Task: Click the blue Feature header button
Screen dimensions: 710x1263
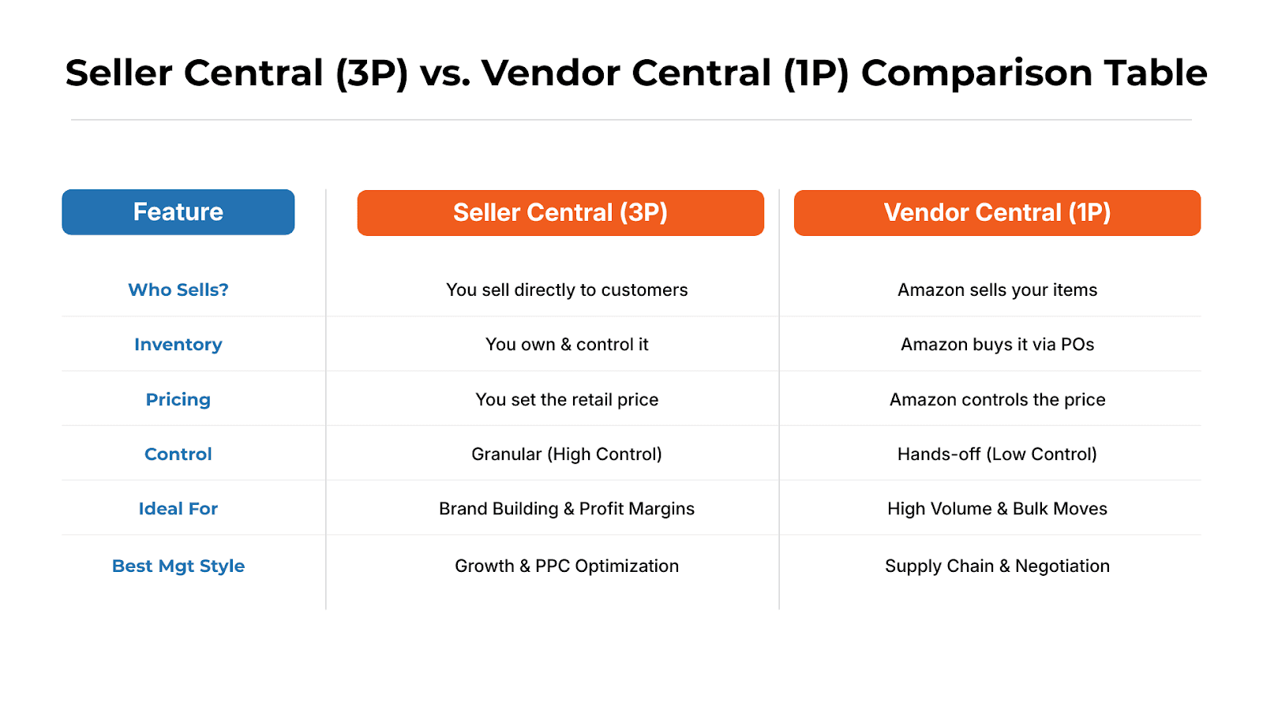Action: pos(178,212)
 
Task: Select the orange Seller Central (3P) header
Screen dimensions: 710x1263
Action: pos(560,213)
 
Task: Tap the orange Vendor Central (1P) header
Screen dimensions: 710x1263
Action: pos(997,213)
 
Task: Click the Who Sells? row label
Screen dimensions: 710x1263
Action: pos(178,290)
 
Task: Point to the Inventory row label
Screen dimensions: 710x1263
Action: pos(178,345)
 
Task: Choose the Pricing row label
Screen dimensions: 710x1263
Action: pos(178,400)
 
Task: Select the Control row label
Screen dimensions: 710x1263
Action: pos(178,454)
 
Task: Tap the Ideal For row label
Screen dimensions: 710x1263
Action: pos(178,509)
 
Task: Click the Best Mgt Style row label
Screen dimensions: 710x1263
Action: pos(178,566)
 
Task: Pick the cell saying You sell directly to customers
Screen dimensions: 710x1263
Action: pos(567,290)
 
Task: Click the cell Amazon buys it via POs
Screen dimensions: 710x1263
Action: pos(997,345)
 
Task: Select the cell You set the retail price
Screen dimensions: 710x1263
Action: pos(567,400)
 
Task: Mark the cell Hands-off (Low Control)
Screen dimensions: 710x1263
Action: pos(997,454)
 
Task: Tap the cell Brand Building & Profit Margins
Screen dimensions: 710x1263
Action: pos(567,509)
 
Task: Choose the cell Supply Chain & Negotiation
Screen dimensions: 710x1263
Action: pos(997,566)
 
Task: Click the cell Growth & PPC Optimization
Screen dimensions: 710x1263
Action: pos(567,566)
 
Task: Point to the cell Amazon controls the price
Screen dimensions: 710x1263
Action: pos(997,400)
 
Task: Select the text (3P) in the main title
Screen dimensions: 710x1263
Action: pos(372,74)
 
